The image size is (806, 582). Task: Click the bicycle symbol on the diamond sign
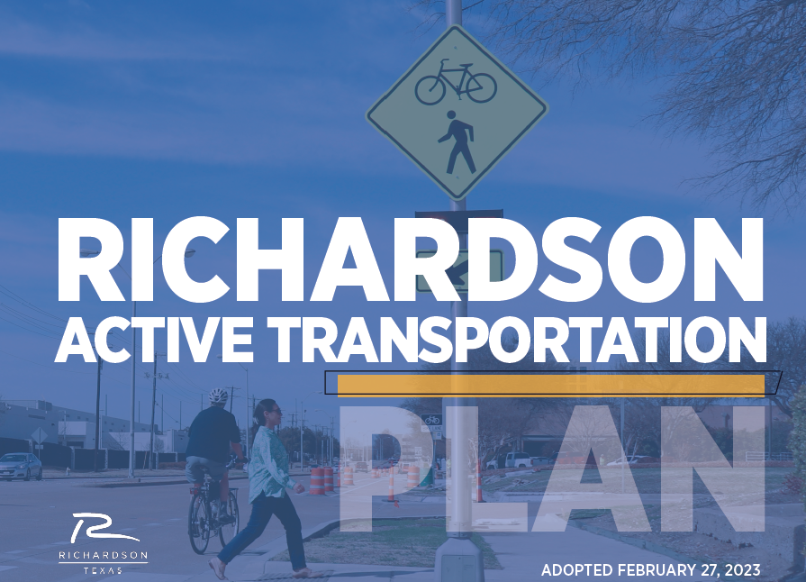point(456,82)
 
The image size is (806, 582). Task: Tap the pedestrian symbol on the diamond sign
point(457,142)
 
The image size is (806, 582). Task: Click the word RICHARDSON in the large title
point(410,259)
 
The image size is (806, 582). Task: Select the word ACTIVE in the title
point(154,339)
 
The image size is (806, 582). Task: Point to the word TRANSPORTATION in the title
point(517,339)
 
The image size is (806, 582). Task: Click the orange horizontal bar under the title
point(550,386)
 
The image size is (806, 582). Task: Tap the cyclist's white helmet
point(218,396)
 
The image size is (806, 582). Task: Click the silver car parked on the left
point(21,467)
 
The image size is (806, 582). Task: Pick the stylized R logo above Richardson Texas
point(103,528)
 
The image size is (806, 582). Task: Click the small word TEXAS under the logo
point(103,570)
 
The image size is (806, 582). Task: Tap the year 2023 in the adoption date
point(743,570)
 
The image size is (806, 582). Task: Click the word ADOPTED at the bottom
point(576,570)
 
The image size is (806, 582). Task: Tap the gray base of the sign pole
point(457,559)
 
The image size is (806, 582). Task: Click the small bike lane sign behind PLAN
point(431,423)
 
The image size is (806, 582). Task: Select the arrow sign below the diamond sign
point(458,271)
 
